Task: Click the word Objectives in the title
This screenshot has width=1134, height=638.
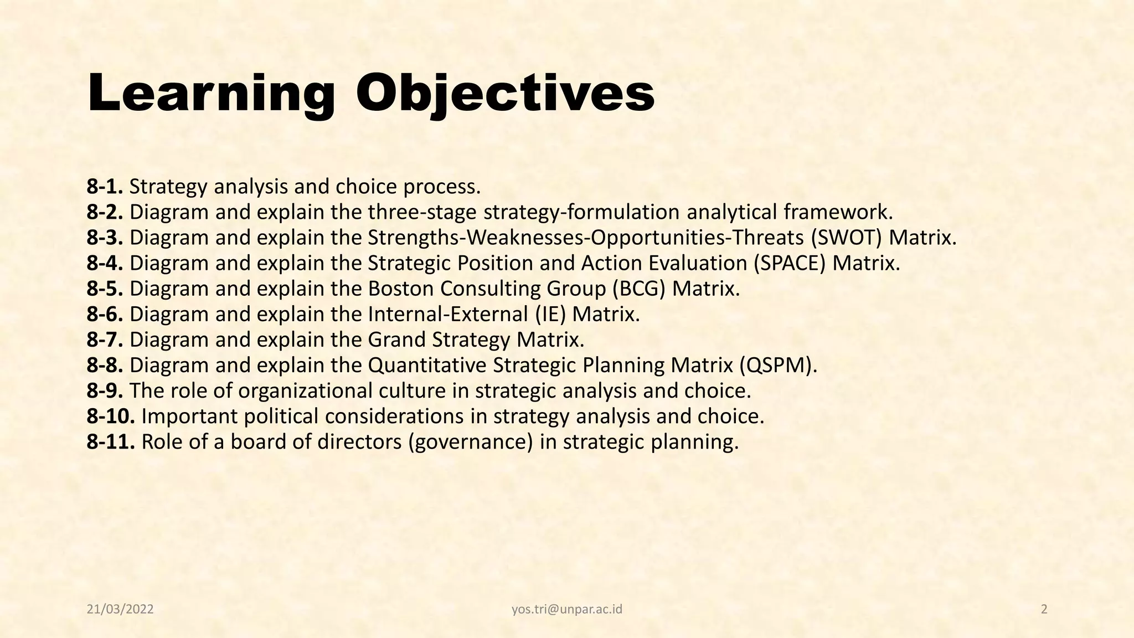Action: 505,93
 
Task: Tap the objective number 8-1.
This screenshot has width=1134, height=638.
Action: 105,187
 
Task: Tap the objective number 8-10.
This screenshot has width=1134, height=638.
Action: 111,416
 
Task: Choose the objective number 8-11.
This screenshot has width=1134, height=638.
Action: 111,442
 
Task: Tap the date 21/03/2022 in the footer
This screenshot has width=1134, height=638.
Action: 120,610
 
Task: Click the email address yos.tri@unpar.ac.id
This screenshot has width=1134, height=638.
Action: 567,610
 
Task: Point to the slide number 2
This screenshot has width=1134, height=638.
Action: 1044,610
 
